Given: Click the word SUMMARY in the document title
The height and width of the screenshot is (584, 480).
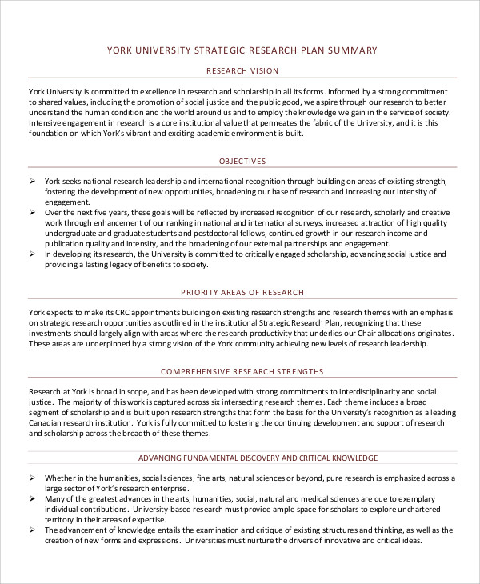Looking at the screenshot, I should tap(350, 50).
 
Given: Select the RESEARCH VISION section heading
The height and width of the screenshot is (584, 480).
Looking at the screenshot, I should tap(242, 70).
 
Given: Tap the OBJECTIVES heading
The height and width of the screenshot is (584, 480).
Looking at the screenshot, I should tap(242, 161).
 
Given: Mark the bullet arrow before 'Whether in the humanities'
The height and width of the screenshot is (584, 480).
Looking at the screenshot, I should tap(32, 478).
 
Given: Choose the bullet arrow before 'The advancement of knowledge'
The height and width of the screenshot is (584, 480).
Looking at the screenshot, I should tap(32, 530).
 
